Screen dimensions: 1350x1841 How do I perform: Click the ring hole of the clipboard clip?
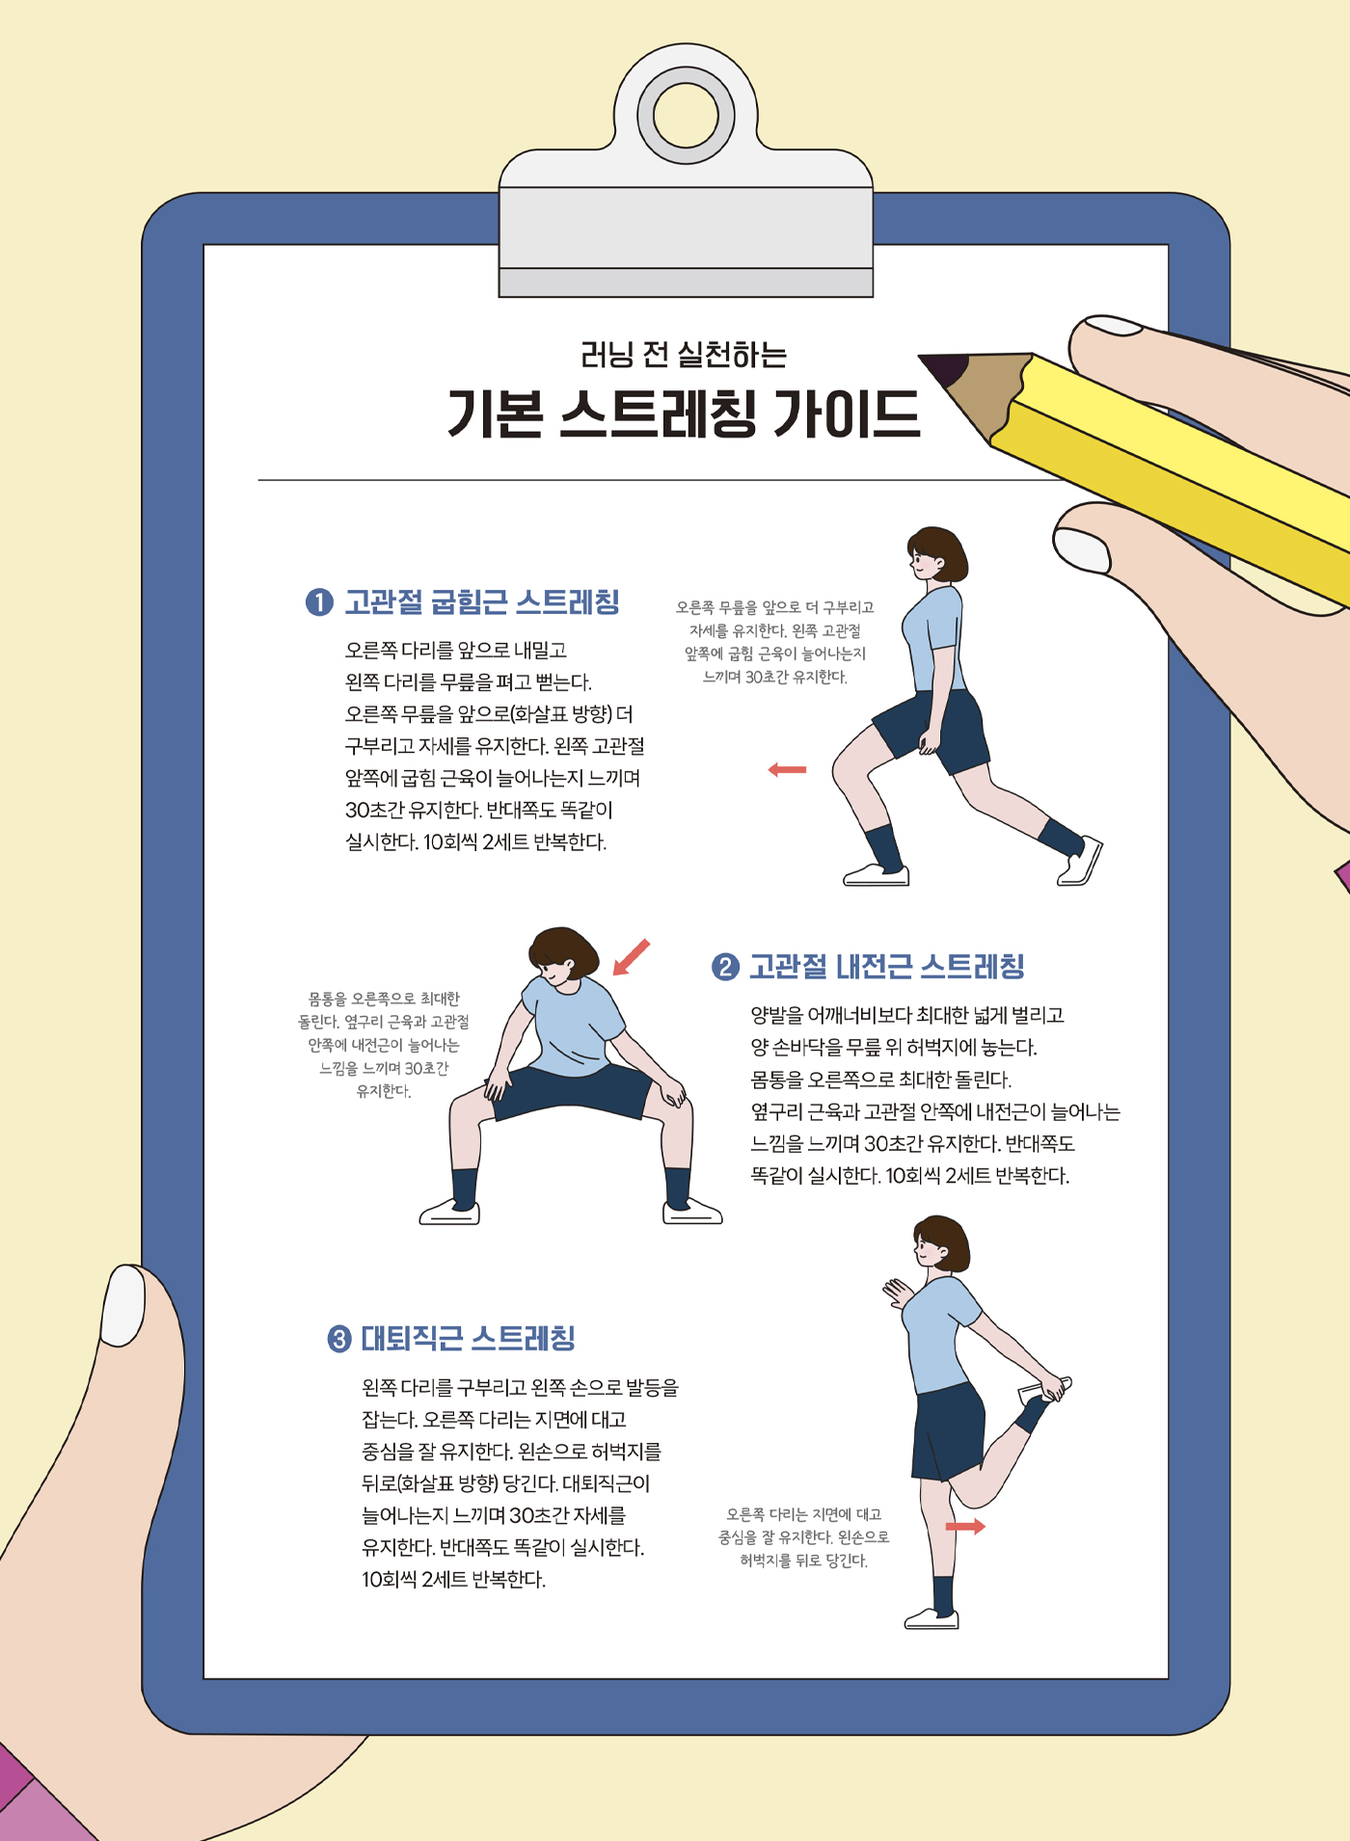686,116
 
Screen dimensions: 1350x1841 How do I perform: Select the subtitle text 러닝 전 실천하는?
684,355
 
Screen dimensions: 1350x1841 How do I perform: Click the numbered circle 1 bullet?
319,602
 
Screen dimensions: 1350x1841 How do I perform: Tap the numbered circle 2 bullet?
725,967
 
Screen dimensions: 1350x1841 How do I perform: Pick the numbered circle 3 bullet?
339,1339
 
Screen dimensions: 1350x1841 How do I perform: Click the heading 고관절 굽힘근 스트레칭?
482,602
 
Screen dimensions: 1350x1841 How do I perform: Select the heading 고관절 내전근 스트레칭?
887,967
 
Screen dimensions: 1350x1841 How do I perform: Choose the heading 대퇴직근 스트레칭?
468,1339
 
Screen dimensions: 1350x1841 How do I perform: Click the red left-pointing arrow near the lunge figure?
787,769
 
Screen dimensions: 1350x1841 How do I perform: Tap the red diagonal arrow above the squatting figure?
632,957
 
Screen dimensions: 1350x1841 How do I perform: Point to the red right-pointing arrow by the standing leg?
965,1527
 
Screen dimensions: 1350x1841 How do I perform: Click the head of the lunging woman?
936,554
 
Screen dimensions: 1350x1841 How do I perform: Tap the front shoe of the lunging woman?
877,875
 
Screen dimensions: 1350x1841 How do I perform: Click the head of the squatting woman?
563,957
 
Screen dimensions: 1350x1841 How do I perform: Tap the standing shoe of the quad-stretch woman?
931,1619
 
